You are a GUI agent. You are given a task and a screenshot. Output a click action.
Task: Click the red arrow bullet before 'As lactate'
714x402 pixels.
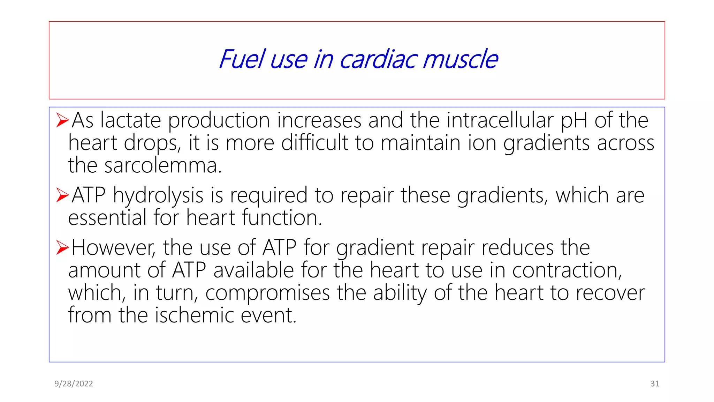(x=62, y=120)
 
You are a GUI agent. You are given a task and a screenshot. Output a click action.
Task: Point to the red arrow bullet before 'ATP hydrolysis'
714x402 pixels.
(x=62, y=195)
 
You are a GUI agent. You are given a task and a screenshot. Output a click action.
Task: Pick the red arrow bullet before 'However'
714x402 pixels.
(x=62, y=247)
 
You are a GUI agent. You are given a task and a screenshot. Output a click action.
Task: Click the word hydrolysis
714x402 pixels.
(x=158, y=196)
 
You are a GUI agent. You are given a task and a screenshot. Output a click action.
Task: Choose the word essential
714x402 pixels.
(x=107, y=218)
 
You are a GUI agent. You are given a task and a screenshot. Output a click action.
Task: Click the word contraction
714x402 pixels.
(x=567, y=270)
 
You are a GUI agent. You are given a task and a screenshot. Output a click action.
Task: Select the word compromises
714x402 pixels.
(x=267, y=293)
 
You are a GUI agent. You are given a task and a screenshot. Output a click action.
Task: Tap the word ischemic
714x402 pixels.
(x=195, y=315)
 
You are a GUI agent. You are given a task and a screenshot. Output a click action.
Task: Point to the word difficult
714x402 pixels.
(x=315, y=143)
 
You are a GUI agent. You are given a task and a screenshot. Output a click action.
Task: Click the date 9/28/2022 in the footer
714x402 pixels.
(x=74, y=384)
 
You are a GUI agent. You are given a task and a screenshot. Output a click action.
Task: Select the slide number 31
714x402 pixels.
(x=655, y=384)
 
